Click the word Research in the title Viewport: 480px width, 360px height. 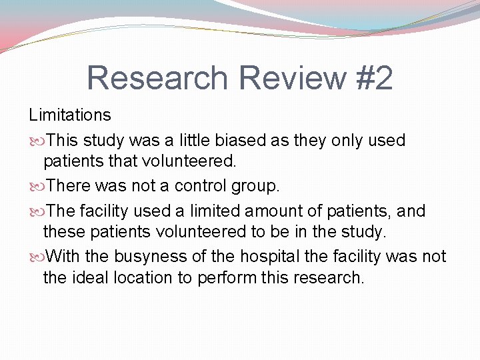[157, 77]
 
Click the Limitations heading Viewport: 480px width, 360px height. [69, 115]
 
